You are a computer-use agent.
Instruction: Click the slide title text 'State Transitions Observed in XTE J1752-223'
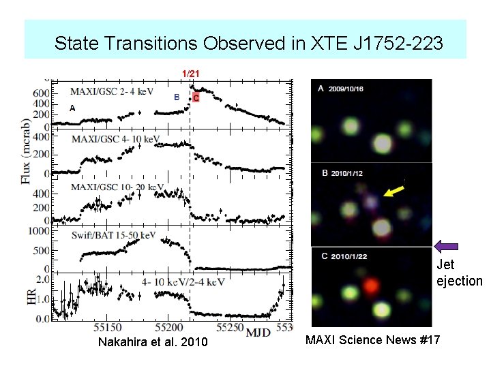click(249, 44)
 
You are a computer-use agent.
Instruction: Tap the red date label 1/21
click(190, 73)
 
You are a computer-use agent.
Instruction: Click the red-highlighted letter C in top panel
click(196, 98)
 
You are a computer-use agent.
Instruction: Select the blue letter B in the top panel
click(177, 97)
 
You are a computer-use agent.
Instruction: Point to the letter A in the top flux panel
click(72, 108)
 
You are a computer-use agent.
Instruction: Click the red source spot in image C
click(370, 285)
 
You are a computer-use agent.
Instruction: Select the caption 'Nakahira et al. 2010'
click(153, 341)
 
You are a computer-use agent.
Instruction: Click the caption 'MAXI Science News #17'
click(372, 339)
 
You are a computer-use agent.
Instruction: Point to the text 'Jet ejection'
click(459, 273)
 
